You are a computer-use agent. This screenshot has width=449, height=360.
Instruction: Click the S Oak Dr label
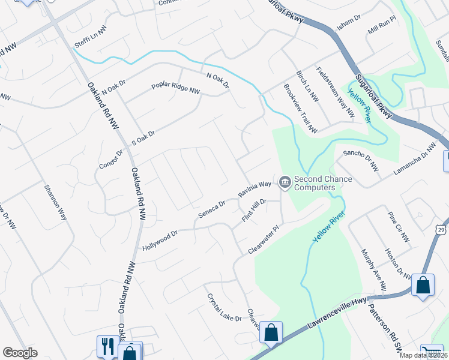(143, 139)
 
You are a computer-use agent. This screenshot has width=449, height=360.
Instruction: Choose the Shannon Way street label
(55, 202)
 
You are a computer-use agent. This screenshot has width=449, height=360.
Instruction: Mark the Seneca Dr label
(213, 208)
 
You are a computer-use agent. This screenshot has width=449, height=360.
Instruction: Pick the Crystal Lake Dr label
(223, 307)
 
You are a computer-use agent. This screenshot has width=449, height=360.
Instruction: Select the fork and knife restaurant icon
(107, 346)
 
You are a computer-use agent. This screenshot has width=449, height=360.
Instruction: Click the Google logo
(20, 353)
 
